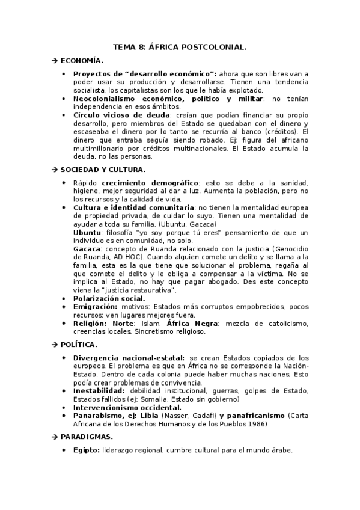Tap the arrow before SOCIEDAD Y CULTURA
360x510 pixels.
click(53, 170)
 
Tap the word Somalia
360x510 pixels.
click(161, 399)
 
